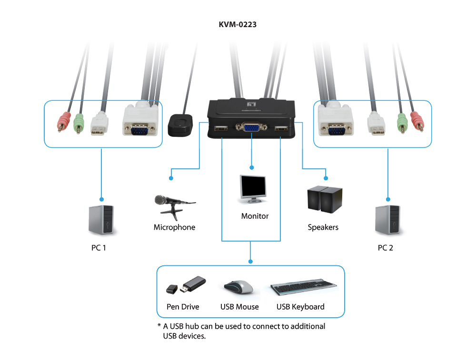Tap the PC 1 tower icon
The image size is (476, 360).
tap(101, 220)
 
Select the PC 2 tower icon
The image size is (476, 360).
tap(387, 220)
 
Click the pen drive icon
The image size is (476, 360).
tap(187, 286)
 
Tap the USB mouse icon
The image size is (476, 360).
tap(239, 287)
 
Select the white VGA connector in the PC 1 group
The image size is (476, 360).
tap(139, 123)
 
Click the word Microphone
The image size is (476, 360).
tap(174, 227)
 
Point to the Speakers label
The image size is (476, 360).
tap(323, 227)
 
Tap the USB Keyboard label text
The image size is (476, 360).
tap(300, 307)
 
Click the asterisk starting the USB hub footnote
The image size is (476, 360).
tap(159, 326)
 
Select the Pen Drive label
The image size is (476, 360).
tap(183, 307)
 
